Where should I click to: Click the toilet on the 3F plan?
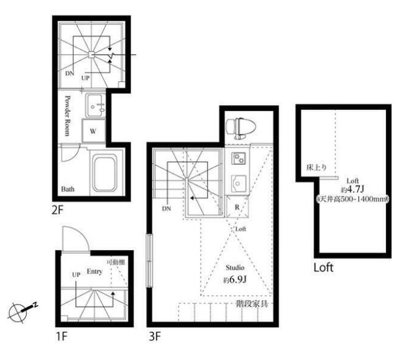click(x=241, y=128)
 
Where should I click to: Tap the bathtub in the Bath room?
click(x=104, y=173)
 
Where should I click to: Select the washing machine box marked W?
click(x=93, y=131)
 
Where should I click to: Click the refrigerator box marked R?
click(x=237, y=207)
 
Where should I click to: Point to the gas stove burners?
click(x=239, y=158)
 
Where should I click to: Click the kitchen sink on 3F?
click(x=238, y=183)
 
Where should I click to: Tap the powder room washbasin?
click(x=95, y=106)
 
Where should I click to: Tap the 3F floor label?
click(x=154, y=336)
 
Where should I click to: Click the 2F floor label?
click(x=58, y=210)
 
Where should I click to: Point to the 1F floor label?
click(x=62, y=336)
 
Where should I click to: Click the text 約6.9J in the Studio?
click(x=235, y=280)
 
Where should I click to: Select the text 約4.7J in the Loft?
click(x=352, y=190)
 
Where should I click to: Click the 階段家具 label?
click(x=252, y=304)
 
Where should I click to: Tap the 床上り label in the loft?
click(x=317, y=167)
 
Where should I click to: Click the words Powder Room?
click(x=68, y=116)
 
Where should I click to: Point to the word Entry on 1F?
click(x=95, y=271)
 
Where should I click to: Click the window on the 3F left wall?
click(x=149, y=261)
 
